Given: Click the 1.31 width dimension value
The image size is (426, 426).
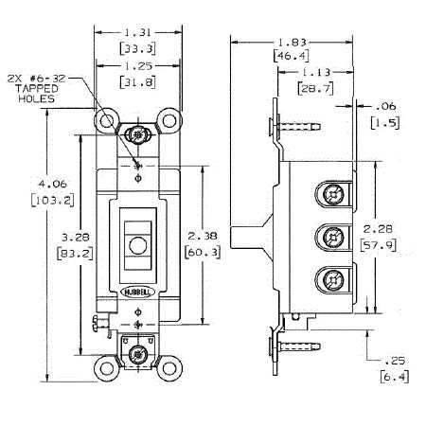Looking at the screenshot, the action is (138, 32).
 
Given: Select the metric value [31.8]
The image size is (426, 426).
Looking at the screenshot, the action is (138, 82).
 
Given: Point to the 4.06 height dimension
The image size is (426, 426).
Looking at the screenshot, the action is (53, 184).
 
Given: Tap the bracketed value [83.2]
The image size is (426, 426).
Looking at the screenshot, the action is (75, 254).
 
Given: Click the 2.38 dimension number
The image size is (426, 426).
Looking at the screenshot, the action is (203, 236).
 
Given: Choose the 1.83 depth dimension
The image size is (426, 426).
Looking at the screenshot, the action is (292, 42).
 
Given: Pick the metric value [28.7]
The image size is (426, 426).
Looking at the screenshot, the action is (315, 88).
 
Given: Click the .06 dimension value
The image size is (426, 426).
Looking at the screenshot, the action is (385, 106).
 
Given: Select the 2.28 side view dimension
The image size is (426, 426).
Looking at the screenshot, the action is (378, 229).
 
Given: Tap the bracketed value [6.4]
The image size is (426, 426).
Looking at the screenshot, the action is (395, 377).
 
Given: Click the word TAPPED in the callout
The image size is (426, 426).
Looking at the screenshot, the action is (37, 88).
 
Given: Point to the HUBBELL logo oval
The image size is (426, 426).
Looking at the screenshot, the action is (138, 293).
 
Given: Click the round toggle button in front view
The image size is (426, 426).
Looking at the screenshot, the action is (138, 245).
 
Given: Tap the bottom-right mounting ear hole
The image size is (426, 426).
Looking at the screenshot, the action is (169, 368).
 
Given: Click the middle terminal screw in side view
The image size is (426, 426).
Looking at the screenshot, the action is (332, 237).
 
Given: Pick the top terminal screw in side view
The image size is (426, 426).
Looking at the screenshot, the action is (332, 194).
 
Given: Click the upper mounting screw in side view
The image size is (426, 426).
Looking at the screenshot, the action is (295, 127).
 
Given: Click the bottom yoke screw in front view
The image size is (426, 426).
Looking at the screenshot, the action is (137, 355).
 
